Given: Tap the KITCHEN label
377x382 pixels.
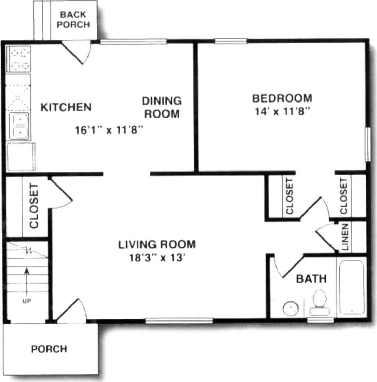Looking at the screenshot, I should (x=66, y=107).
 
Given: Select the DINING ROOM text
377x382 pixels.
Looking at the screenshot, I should (x=162, y=107).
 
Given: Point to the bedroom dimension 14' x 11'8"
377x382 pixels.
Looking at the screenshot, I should (x=282, y=112).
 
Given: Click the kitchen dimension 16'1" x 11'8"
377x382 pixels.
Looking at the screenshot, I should (x=108, y=130).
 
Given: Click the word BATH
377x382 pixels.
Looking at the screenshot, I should (x=311, y=279).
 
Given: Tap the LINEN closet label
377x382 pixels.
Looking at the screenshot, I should (x=345, y=237).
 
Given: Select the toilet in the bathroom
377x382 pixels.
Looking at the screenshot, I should (x=320, y=302).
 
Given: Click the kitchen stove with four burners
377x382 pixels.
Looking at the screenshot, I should (x=18, y=59).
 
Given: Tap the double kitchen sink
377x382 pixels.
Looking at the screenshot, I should (x=19, y=126).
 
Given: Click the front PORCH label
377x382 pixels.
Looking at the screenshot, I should (x=49, y=349).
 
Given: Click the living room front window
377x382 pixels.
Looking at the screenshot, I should (x=179, y=320).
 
